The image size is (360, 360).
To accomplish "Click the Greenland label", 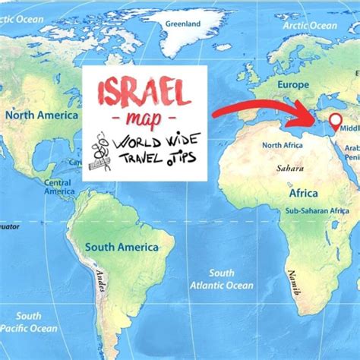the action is tap(183, 24).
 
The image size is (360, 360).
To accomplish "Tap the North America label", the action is tap(42, 115).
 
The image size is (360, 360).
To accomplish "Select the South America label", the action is tap(122, 247).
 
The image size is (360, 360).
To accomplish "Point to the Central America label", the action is tap(58, 187).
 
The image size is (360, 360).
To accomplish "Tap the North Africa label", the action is tap(282, 145).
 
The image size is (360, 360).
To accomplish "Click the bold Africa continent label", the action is tap(302, 193).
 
